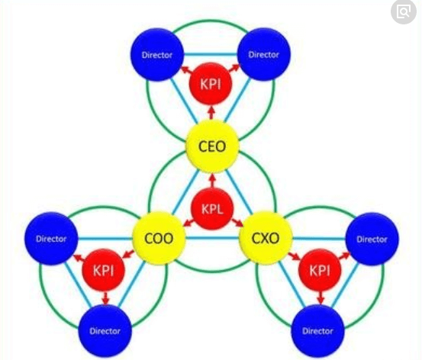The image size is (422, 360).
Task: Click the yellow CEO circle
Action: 212,146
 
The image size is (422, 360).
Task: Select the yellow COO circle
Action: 159,238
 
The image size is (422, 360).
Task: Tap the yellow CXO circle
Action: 266,238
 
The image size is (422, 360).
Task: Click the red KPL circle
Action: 212,209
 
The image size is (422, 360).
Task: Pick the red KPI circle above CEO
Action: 211,84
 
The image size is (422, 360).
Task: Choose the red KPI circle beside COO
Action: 104,270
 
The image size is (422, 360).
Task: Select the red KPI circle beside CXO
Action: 320,270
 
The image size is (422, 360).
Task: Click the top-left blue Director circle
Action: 157,55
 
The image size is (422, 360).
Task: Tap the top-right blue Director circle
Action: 264,54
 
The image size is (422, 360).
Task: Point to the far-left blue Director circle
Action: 51,239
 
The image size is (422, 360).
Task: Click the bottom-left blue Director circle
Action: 105,331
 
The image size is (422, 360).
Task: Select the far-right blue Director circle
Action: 372,239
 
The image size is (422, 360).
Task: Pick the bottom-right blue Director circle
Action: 318,331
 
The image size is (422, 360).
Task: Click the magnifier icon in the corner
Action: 403,12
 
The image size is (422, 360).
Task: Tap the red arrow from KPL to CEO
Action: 213,181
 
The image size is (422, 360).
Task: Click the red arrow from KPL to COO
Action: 189,223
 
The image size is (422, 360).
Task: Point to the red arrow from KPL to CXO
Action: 237,223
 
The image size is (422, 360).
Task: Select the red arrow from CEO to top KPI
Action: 212,112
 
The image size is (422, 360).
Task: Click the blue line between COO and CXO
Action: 212,238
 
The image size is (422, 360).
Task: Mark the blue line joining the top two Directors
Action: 211,55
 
